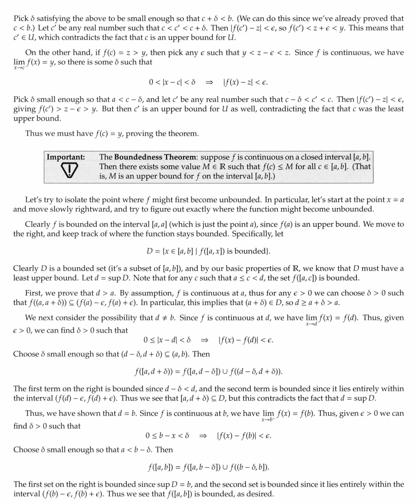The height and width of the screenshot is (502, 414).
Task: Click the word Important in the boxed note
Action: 66,157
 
